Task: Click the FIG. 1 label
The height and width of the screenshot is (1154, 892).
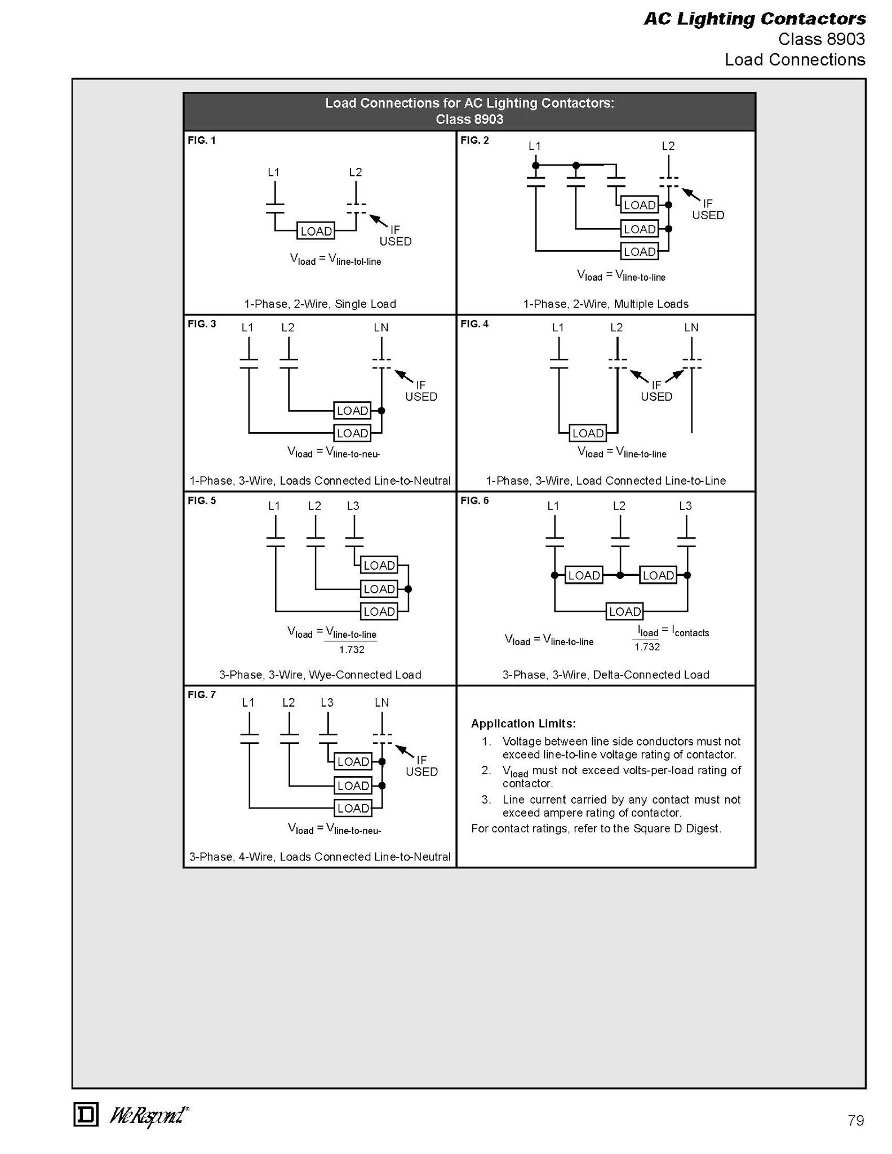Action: point(202,140)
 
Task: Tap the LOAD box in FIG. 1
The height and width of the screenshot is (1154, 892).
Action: point(316,231)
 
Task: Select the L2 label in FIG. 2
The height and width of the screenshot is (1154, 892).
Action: point(668,146)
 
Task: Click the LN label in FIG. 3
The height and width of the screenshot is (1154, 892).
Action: point(381,327)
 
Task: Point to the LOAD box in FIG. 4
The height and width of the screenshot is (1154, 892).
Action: point(588,433)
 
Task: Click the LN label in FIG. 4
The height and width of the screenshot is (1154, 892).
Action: point(691,327)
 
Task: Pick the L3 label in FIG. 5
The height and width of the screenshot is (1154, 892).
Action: point(353,506)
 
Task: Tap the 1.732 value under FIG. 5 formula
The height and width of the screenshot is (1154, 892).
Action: point(352,650)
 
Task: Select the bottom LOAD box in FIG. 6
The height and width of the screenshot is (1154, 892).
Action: point(625,611)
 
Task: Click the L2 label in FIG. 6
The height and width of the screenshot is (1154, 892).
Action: point(619,506)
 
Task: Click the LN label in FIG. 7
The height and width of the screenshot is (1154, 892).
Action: point(382,703)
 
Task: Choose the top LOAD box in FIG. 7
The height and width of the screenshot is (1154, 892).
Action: point(353,762)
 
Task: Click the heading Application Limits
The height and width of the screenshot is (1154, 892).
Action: point(523,724)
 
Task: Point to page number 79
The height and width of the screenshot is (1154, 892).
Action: point(855,1121)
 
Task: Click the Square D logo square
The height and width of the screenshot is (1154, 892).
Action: point(86,1115)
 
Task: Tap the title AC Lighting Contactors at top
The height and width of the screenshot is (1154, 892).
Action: point(755,19)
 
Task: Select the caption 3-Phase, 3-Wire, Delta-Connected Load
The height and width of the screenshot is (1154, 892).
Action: point(606,674)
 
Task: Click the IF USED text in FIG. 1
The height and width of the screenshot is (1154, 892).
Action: point(395,236)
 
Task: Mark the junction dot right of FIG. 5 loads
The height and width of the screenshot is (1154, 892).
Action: point(409,589)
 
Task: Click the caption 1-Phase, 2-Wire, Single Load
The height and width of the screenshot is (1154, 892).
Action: point(320,304)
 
